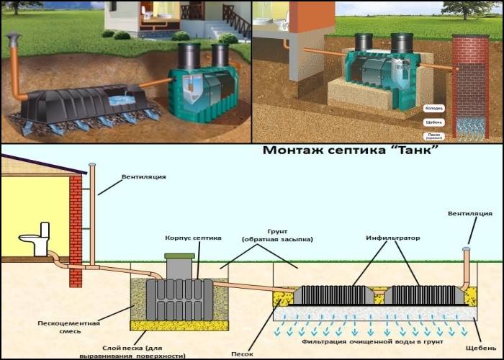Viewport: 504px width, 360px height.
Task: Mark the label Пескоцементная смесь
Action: [x=69, y=328]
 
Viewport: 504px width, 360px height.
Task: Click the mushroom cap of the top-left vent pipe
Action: [x=13, y=37]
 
